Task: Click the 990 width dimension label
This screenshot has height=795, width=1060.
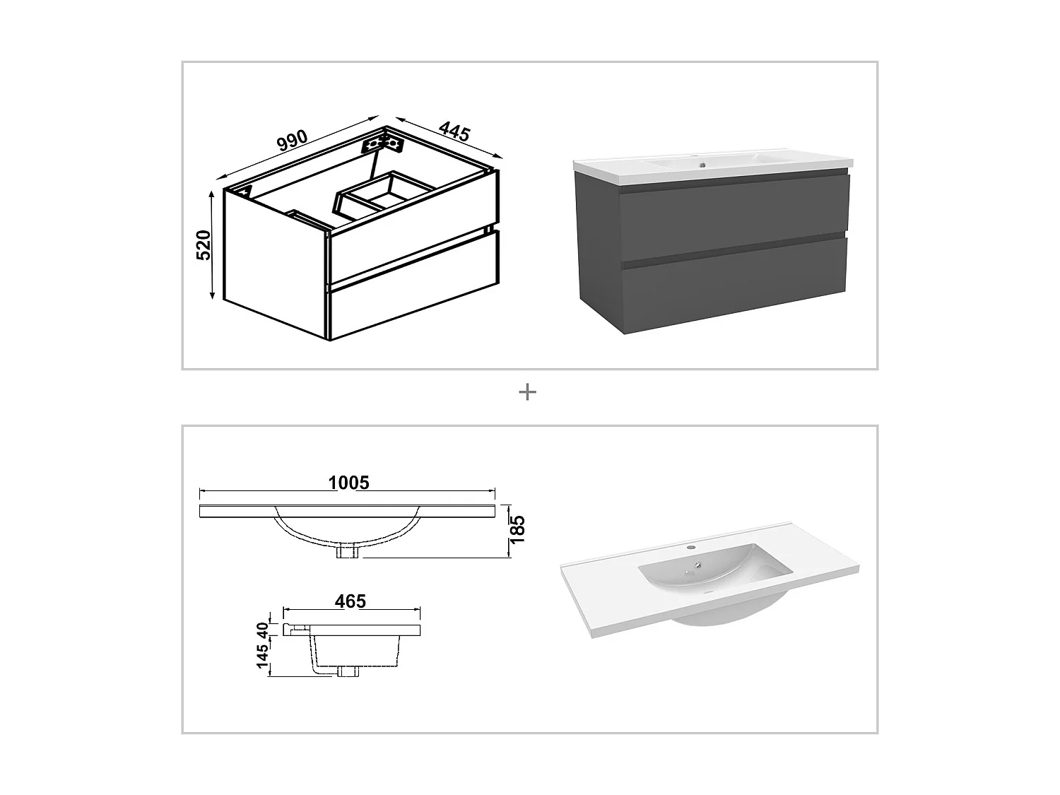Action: pyautogui.click(x=292, y=140)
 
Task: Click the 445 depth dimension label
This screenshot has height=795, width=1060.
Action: pyautogui.click(x=454, y=131)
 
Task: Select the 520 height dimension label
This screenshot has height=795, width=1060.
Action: pyautogui.click(x=204, y=245)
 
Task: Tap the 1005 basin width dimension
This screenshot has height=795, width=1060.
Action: pyautogui.click(x=348, y=483)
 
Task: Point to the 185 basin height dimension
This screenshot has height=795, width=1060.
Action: pyautogui.click(x=518, y=529)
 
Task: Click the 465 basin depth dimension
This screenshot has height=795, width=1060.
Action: pyautogui.click(x=350, y=601)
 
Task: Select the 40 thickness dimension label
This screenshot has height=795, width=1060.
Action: pyautogui.click(x=263, y=628)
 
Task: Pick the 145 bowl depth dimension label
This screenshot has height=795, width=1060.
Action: pyautogui.click(x=263, y=656)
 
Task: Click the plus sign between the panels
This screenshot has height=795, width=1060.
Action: pyautogui.click(x=527, y=391)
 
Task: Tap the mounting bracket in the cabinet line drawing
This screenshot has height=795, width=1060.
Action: pyautogui.click(x=382, y=143)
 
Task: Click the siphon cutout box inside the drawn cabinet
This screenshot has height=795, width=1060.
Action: pyautogui.click(x=385, y=193)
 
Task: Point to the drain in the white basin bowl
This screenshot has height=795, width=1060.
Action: pyautogui.click(x=698, y=565)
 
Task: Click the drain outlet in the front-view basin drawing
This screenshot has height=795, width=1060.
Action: pyautogui.click(x=348, y=551)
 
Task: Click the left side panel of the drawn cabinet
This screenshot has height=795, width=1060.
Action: pyautogui.click(x=276, y=261)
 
